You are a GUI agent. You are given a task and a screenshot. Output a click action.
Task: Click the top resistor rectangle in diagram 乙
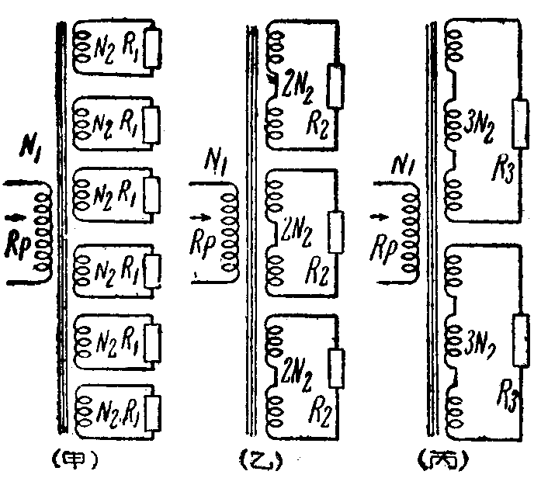335,82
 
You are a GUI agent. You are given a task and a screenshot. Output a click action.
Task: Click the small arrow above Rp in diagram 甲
17,210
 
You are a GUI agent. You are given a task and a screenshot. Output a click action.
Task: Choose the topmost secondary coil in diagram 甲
81,48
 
